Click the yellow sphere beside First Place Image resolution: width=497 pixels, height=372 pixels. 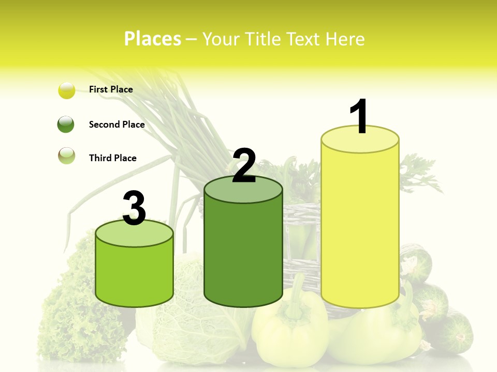tap(67, 90)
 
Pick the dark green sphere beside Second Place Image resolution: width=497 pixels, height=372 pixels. tap(66, 125)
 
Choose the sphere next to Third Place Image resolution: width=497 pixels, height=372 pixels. tap(66, 156)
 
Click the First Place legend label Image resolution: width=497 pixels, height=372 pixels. tap(111, 89)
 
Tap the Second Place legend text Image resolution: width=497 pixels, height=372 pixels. tap(116, 125)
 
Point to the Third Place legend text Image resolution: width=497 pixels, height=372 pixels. tap(112, 158)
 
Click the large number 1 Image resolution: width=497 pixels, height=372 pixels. tap(359, 117)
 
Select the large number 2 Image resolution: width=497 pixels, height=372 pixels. tap(244, 166)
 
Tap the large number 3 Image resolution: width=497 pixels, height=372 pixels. tap(135, 208)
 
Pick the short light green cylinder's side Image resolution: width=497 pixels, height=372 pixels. tap(135, 274)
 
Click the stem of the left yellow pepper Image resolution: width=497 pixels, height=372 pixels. tap(297, 300)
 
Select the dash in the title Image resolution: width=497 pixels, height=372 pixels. tap(191, 39)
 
